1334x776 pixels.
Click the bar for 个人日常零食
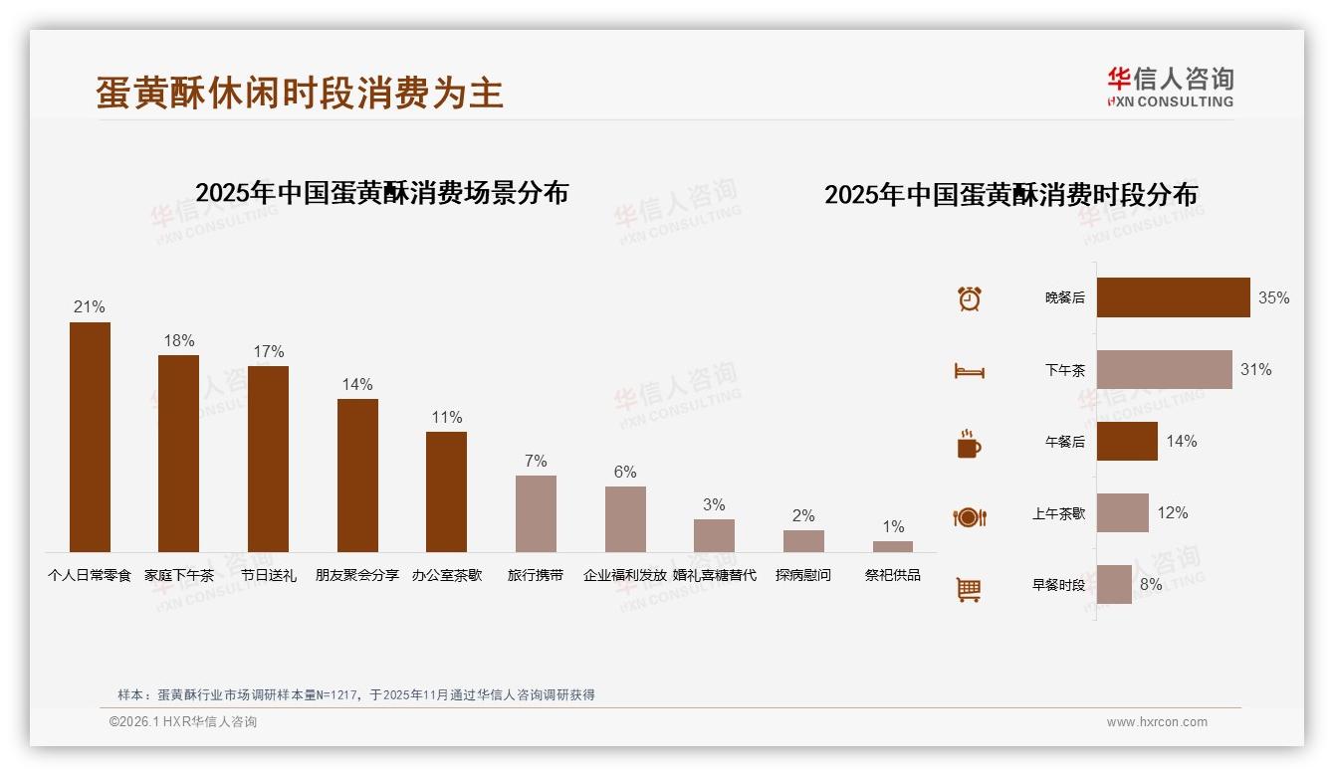tap(90, 437)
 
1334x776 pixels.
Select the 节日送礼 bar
tap(268, 459)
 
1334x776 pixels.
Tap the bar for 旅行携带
tap(536, 513)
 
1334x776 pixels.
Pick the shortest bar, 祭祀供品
tap(892, 546)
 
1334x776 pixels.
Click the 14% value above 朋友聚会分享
tap(356, 384)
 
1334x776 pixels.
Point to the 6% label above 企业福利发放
tap(625, 472)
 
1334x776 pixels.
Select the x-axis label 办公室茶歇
tap(447, 575)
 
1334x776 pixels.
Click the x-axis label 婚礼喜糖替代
tap(714, 575)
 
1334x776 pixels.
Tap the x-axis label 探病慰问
tap(803, 575)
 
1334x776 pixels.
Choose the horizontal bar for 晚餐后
tap(1173, 297)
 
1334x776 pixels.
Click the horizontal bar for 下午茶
tap(1164, 369)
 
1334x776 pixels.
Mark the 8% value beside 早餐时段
tap(1151, 584)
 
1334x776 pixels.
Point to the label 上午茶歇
tap(1058, 513)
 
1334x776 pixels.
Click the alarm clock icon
tap(970, 298)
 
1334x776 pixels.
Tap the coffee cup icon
tap(969, 444)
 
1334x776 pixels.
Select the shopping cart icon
tap(969, 589)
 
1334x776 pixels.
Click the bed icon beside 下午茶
tap(969, 371)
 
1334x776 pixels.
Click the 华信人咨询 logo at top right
tap(1170, 87)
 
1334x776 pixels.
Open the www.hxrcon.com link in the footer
tap(1157, 722)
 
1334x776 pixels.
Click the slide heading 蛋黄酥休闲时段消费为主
tap(300, 93)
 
